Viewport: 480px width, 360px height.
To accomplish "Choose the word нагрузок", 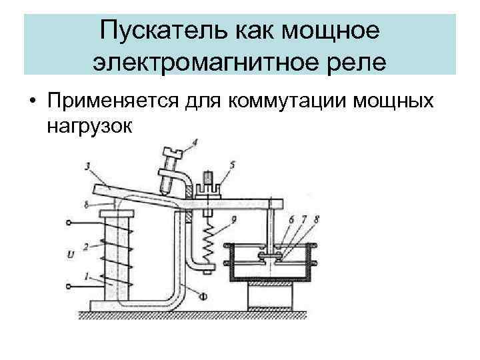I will [89, 125].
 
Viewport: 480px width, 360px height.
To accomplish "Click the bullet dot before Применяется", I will [31, 101].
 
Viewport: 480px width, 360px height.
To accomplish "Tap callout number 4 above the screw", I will [195, 142].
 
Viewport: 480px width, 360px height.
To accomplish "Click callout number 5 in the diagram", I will [231, 163].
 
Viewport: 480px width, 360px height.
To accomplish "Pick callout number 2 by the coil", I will [85, 247].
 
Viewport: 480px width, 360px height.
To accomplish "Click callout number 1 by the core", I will [85, 276].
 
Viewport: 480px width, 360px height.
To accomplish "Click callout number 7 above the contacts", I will [305, 218].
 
